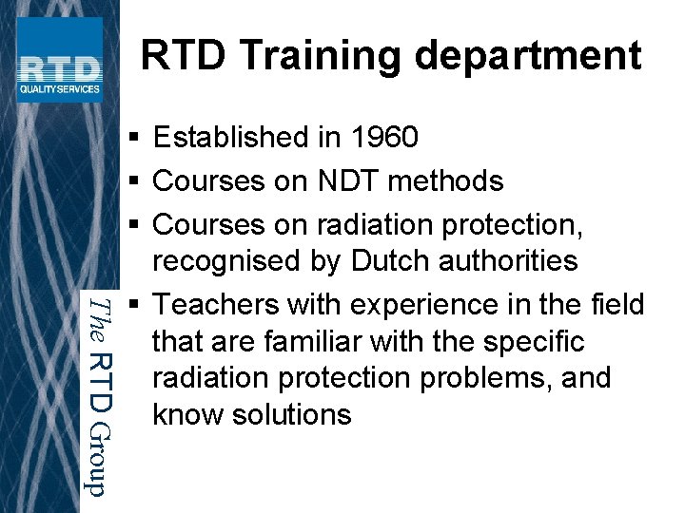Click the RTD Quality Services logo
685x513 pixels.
59,60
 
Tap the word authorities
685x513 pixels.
511,261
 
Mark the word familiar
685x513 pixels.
324,341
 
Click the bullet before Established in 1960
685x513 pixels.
135,139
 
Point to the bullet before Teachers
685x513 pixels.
135,306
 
